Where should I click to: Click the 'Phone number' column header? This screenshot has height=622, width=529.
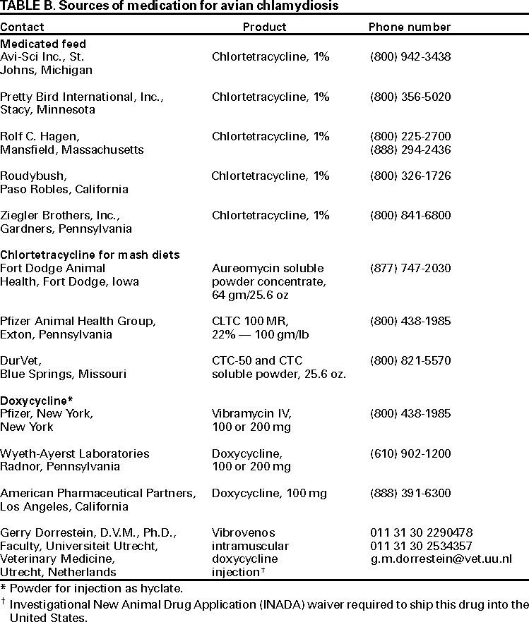(410, 28)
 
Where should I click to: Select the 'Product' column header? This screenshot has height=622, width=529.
(264, 28)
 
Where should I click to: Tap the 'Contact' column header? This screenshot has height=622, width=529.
(22, 28)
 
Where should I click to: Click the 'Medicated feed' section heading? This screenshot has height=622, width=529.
(43, 44)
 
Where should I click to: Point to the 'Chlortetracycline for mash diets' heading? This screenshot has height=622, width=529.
(90, 255)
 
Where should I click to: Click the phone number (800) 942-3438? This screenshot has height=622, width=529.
(410, 57)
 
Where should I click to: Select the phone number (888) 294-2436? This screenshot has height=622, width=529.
(410, 150)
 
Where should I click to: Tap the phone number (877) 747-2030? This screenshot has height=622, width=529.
(410, 268)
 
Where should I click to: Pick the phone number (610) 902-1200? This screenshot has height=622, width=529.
(410, 453)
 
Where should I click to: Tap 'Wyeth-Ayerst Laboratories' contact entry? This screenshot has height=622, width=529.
(75, 453)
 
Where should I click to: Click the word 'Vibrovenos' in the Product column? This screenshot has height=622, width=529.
(244, 532)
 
